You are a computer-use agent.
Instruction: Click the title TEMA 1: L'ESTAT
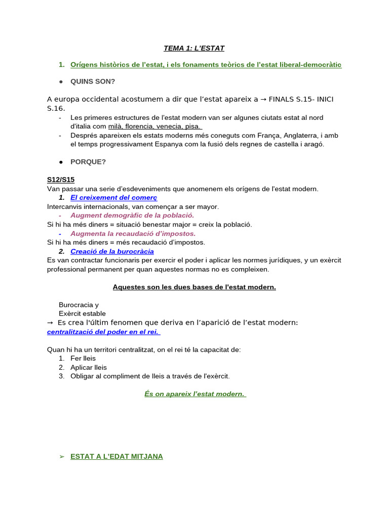click(194, 48)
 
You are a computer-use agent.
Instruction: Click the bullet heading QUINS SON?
click(93, 81)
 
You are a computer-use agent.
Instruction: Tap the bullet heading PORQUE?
click(88, 162)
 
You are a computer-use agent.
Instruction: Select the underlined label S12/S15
click(61, 180)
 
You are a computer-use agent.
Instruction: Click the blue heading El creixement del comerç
click(114, 197)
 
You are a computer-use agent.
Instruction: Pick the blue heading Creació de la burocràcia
click(112, 251)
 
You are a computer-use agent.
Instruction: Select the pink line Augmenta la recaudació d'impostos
click(133, 233)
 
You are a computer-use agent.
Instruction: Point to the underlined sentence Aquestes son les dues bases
click(194, 287)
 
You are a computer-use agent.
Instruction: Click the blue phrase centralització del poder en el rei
click(103, 332)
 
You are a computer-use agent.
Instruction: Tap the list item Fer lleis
click(83, 358)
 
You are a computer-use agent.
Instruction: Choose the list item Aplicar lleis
click(89, 367)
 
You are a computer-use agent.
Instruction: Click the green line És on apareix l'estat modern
click(195, 394)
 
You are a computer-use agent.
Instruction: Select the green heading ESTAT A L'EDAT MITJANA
click(116, 456)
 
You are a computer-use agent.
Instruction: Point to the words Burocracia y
click(79, 305)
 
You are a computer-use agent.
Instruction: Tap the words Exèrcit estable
click(82, 314)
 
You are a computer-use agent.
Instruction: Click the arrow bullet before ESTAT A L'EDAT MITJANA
click(62, 456)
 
